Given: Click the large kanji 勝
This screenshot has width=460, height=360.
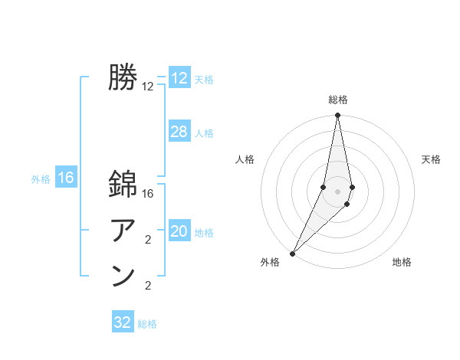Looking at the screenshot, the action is pos(123,77).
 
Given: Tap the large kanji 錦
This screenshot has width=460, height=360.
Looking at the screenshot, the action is pos(123,185).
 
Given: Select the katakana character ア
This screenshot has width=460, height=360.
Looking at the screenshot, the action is pos(123,230).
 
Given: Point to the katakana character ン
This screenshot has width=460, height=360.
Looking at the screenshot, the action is pos(123,277).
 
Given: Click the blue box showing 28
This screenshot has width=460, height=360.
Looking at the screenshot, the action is pos(179,132).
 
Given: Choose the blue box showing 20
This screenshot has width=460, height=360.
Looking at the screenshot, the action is pos(179,231).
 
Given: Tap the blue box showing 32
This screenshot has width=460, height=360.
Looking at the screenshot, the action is pos(123,322).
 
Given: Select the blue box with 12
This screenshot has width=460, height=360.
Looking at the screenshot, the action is pos(179,78).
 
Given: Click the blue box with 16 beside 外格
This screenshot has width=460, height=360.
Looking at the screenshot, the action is pos(66,178).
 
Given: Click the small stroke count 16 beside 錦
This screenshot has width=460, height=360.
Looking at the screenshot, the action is pos(148,195).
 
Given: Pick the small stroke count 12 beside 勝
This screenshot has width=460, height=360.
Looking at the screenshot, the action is pos(148,87).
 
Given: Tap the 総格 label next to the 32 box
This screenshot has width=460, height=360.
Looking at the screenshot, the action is pos(147,324).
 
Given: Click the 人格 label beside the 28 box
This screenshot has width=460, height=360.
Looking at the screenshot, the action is pos(204,133).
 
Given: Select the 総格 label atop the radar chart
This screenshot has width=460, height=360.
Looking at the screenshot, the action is pos(337,100).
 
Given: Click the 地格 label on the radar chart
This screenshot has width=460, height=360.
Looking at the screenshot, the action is pos(402,262).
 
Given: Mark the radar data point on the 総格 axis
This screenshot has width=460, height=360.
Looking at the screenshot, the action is pos(337,116).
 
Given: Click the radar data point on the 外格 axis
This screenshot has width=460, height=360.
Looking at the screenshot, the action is pos(293,253).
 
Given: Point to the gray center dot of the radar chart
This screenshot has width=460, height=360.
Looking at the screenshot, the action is pos(337,191).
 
